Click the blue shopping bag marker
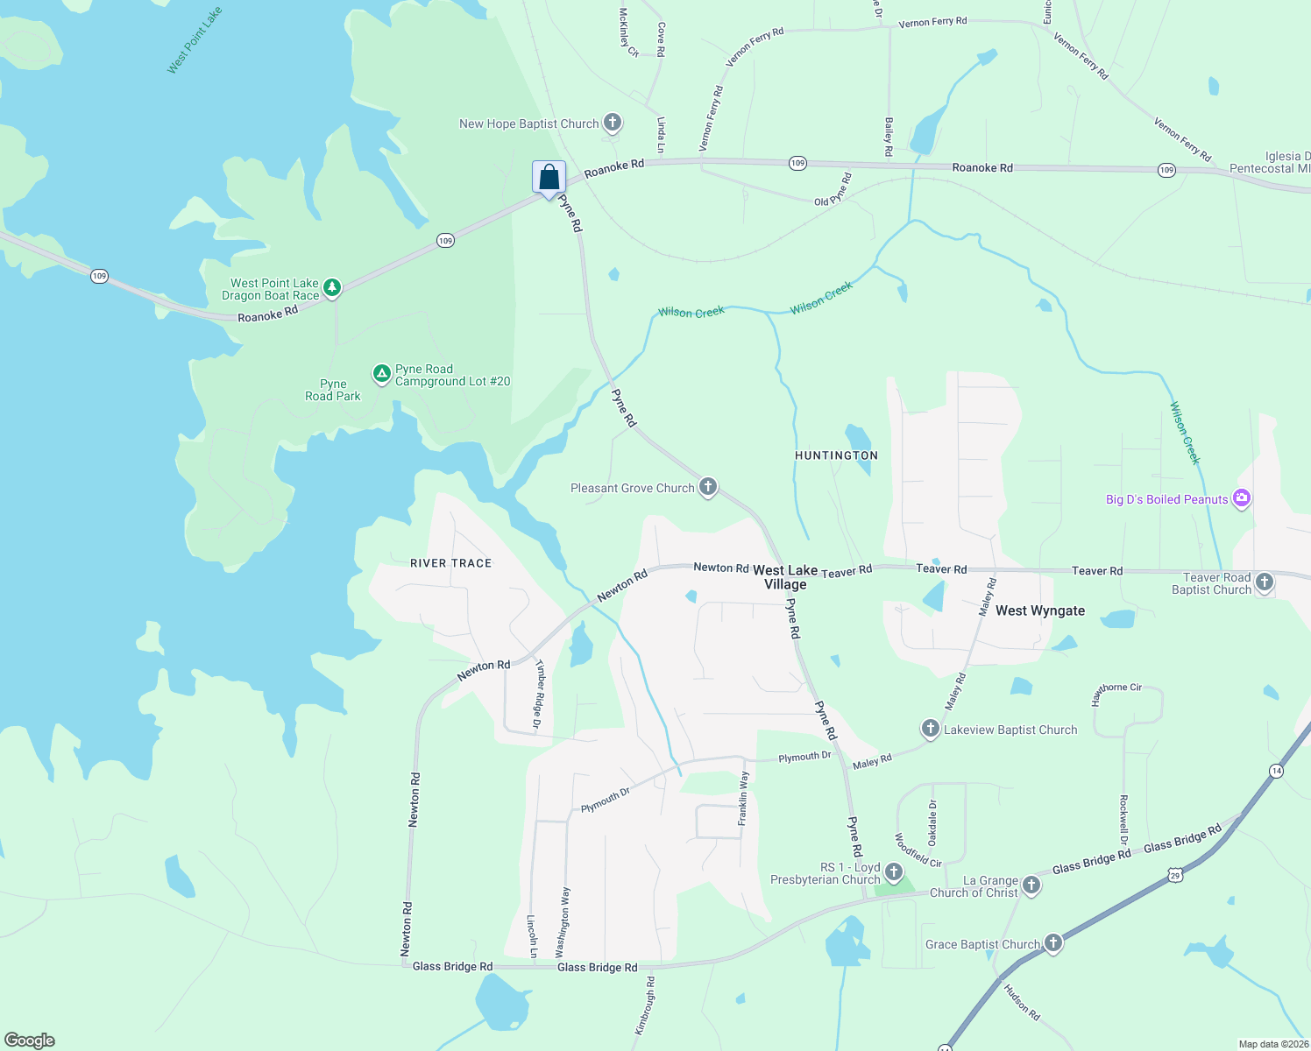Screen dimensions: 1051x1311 coord(549,178)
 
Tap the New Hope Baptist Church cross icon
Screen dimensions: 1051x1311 coord(613,123)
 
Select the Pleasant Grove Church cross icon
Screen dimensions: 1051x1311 coord(708,487)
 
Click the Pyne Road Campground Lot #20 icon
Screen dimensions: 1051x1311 coord(381,374)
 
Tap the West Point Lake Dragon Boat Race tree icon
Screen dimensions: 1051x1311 coord(331,286)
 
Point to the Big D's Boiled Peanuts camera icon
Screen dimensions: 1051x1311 coord(1241,498)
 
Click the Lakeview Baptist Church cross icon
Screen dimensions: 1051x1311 coord(931,729)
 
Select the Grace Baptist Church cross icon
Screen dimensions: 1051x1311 coord(1053,943)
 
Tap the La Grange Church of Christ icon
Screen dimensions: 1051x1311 coord(1031,885)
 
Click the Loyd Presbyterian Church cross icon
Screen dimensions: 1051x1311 coord(894,871)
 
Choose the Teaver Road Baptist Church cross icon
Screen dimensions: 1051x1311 coord(1265,582)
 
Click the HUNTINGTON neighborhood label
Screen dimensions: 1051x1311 coord(836,455)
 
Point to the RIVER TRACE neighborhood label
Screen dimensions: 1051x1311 coord(450,563)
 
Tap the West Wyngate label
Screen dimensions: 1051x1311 coord(1040,610)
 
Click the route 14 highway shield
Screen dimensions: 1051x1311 coord(1276,771)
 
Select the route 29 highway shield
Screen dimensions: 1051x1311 coord(1174,874)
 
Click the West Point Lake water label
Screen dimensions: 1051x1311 coord(195,40)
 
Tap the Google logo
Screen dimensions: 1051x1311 coord(30,1040)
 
